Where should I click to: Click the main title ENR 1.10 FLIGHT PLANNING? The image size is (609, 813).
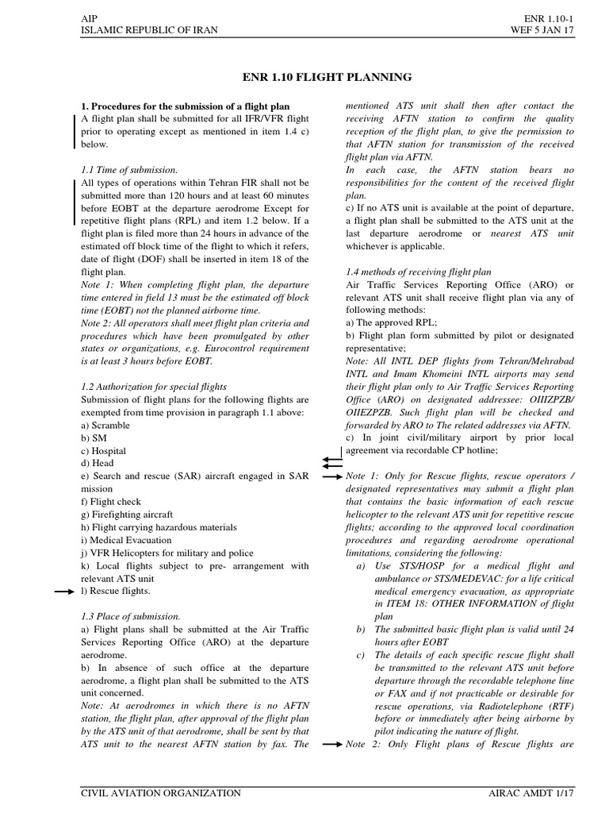point(327,77)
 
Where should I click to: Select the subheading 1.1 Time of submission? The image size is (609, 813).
point(129,170)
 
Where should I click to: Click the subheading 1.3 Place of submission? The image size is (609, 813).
point(131,615)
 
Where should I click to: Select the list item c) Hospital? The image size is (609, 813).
point(104,450)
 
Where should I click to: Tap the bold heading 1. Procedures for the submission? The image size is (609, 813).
point(186,106)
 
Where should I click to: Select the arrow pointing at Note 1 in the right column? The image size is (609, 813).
point(331,476)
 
